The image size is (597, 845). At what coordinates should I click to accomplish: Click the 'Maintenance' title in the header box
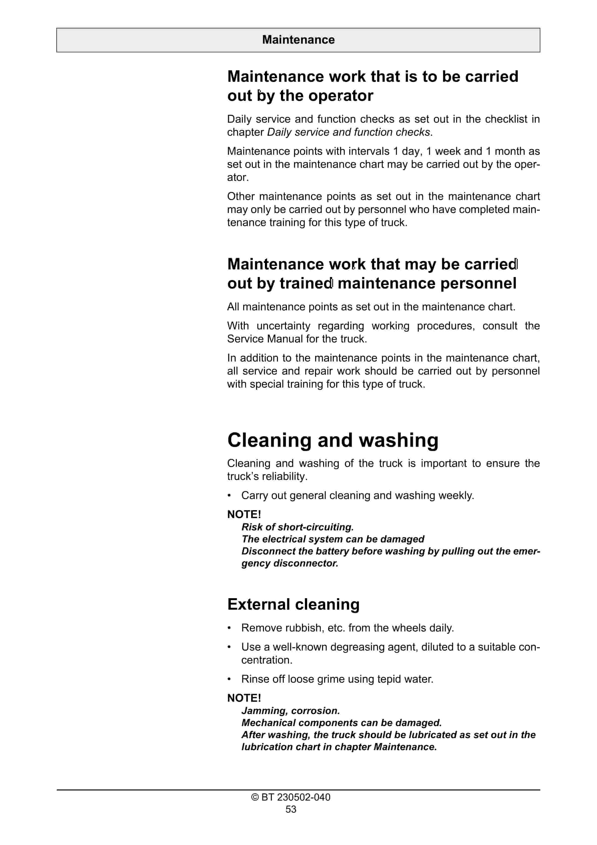pos(298,40)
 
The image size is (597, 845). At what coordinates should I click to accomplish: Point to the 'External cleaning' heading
pos(293,604)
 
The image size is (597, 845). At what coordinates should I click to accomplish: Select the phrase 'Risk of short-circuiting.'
pos(297,527)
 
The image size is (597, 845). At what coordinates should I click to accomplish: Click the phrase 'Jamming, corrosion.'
pos(290,711)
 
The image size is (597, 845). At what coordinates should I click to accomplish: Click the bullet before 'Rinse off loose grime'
pos(229,679)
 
